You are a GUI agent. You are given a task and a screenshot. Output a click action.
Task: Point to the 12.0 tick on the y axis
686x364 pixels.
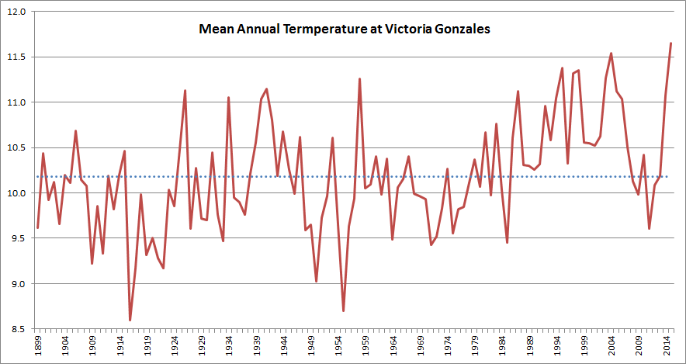pos(17,12)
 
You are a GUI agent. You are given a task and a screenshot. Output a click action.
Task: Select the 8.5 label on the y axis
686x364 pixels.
pos(17,329)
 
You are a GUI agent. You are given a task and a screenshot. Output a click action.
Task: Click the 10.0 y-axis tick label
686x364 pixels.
pos(17,193)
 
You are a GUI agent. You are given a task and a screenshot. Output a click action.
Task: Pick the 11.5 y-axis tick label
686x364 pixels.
pos(17,57)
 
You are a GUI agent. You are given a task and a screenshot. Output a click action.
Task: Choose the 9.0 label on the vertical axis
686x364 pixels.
pos(17,284)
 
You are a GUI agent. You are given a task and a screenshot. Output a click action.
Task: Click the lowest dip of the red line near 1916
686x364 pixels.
pos(130,320)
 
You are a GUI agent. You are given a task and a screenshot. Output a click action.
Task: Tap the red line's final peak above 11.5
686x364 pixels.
pos(670,43)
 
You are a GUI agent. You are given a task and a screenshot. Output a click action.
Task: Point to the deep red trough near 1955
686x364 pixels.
pos(343,311)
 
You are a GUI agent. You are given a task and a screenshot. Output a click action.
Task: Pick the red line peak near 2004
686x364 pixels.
pos(612,54)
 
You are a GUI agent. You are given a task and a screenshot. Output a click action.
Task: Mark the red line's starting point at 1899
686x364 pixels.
pos(37,227)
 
